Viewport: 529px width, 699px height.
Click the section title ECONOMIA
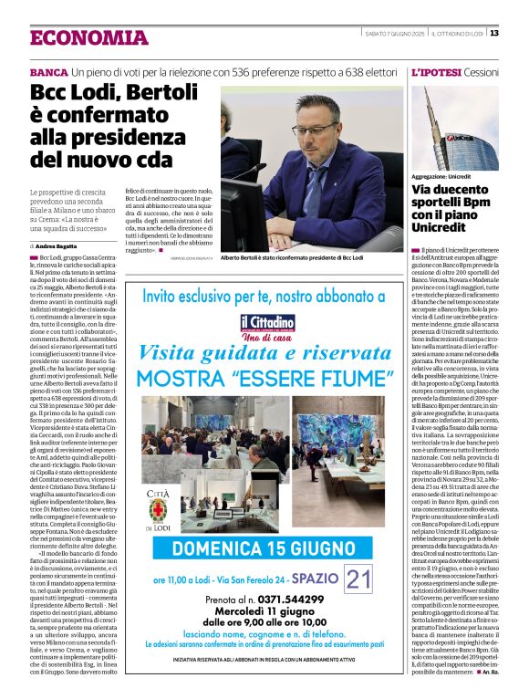tap(88, 37)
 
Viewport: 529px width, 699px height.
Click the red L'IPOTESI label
tap(436, 71)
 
